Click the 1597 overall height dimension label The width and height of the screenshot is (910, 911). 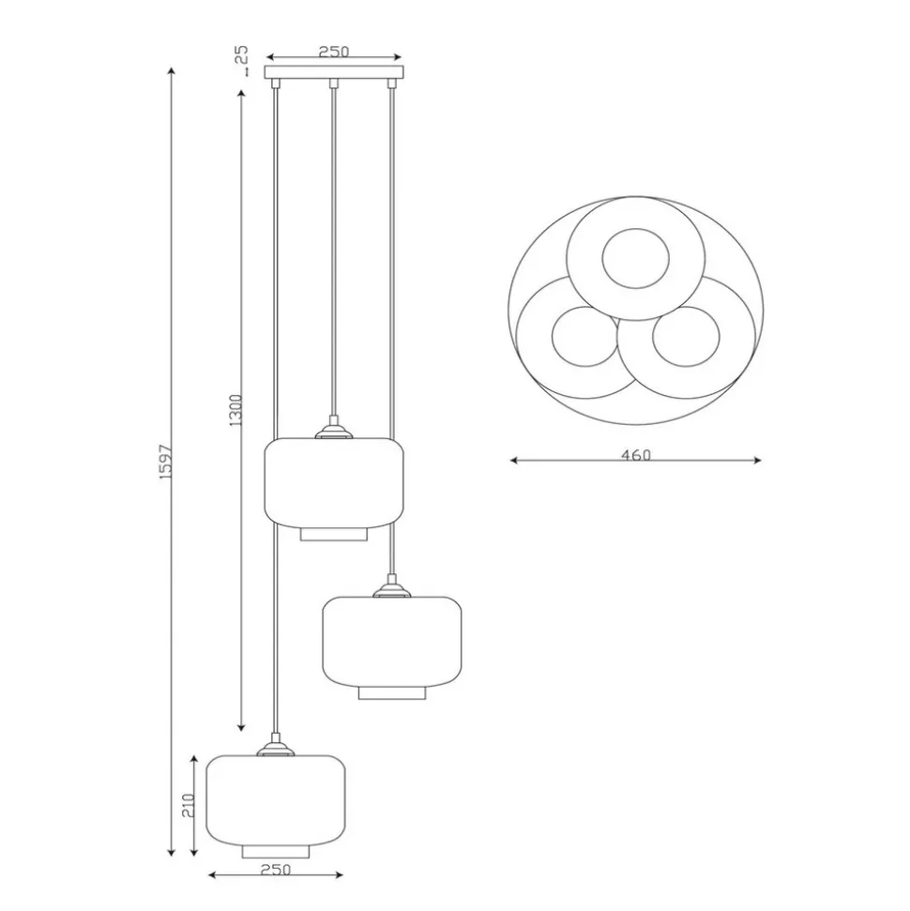(x=166, y=462)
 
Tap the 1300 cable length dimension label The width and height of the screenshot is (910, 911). (x=235, y=410)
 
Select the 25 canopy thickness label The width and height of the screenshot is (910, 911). (x=241, y=54)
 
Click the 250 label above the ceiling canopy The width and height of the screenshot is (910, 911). (x=334, y=51)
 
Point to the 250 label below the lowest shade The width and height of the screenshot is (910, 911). (x=276, y=869)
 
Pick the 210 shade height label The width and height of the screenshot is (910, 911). (x=188, y=805)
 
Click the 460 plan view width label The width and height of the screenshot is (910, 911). (x=636, y=455)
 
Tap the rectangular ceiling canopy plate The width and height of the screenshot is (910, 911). (x=334, y=72)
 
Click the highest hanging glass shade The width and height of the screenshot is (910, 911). (x=334, y=483)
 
